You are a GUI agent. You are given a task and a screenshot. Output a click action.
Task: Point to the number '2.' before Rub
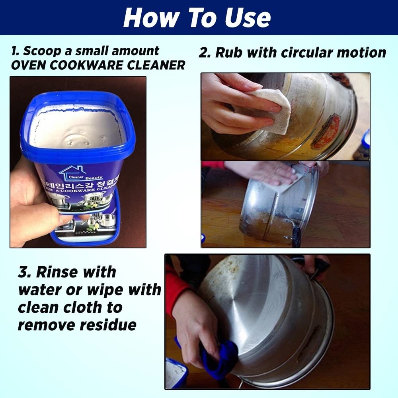tap(205, 53)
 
